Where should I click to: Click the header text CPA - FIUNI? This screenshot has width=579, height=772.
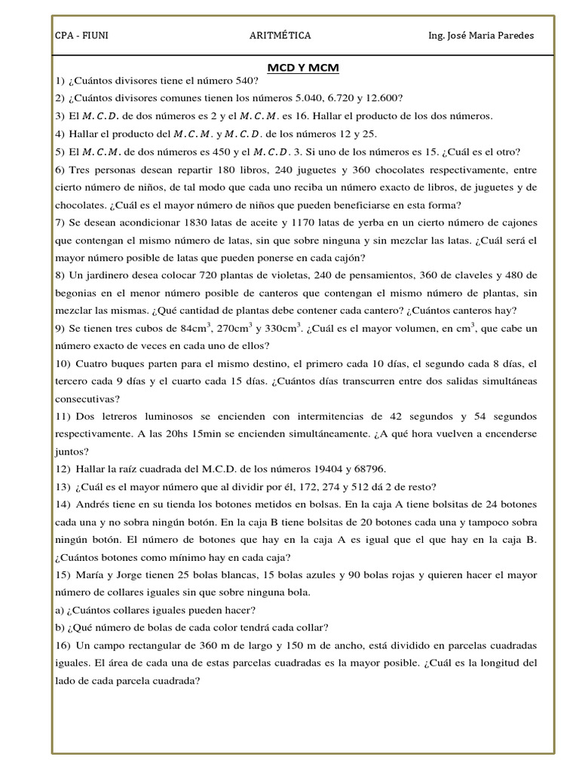pos(81,35)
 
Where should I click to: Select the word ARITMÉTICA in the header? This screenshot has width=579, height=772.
pos(280,35)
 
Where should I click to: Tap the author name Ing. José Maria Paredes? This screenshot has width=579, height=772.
pos(481,35)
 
